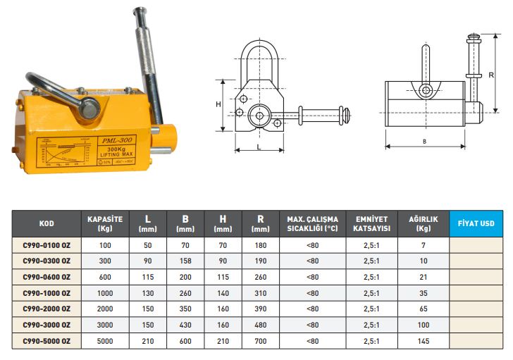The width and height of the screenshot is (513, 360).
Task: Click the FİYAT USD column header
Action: (x=476, y=223)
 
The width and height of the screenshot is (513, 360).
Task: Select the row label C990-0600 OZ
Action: (x=47, y=277)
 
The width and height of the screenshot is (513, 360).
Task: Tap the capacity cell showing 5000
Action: (x=105, y=341)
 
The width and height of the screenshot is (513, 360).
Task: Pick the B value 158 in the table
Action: (x=185, y=261)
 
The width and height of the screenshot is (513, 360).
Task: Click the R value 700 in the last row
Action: (x=261, y=341)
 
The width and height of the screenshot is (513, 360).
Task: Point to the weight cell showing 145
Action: (x=424, y=341)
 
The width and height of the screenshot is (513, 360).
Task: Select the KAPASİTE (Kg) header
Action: (x=105, y=223)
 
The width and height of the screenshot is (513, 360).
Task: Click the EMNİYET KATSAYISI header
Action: (x=371, y=223)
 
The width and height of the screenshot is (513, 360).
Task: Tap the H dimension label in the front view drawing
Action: (x=218, y=104)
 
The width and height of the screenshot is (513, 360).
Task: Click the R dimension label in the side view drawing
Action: (x=491, y=75)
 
